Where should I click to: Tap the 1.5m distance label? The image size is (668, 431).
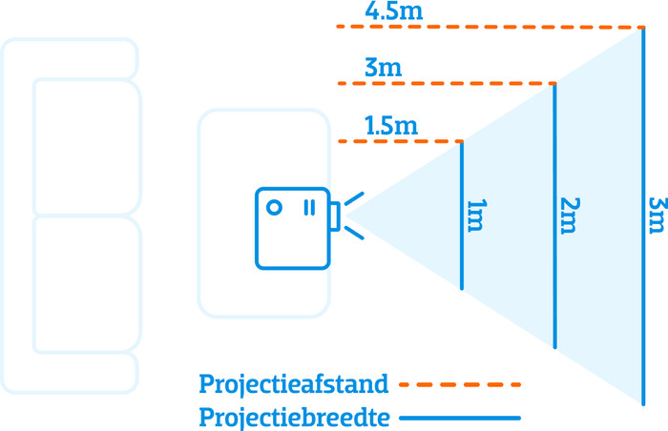pos(391,125)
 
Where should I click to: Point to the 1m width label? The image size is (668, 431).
pos(474,217)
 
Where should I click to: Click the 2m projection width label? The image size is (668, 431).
pos(568,217)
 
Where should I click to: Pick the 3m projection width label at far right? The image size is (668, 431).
pos(656,217)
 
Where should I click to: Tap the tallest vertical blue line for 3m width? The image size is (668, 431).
pos(644,286)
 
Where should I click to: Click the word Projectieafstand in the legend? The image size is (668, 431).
pos(294,384)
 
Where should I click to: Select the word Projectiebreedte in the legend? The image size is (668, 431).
pos(294,417)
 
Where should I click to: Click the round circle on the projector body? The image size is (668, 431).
pos(274,207)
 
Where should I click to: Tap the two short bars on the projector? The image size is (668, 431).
pos(309,207)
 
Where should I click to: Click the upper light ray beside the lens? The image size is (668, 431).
pos(353,198)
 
